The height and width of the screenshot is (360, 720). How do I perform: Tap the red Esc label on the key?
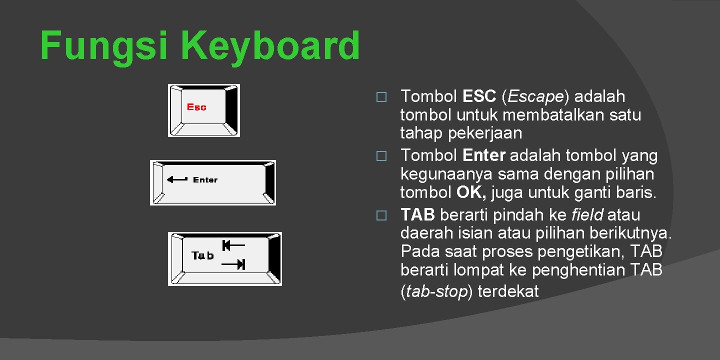(196, 107)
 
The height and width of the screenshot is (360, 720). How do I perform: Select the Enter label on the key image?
(205, 180)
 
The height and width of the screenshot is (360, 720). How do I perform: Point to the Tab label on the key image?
(202, 256)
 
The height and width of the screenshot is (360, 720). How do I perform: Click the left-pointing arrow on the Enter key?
(177, 179)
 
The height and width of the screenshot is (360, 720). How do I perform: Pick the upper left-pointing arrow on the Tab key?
(233, 245)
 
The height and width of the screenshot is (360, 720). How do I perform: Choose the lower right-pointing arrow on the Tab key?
(233, 265)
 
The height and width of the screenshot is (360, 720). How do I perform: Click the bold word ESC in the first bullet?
(479, 96)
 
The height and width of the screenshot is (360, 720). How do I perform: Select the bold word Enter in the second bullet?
(484, 156)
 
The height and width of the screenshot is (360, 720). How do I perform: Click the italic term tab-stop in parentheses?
(436, 291)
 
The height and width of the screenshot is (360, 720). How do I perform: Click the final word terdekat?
(508, 291)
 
